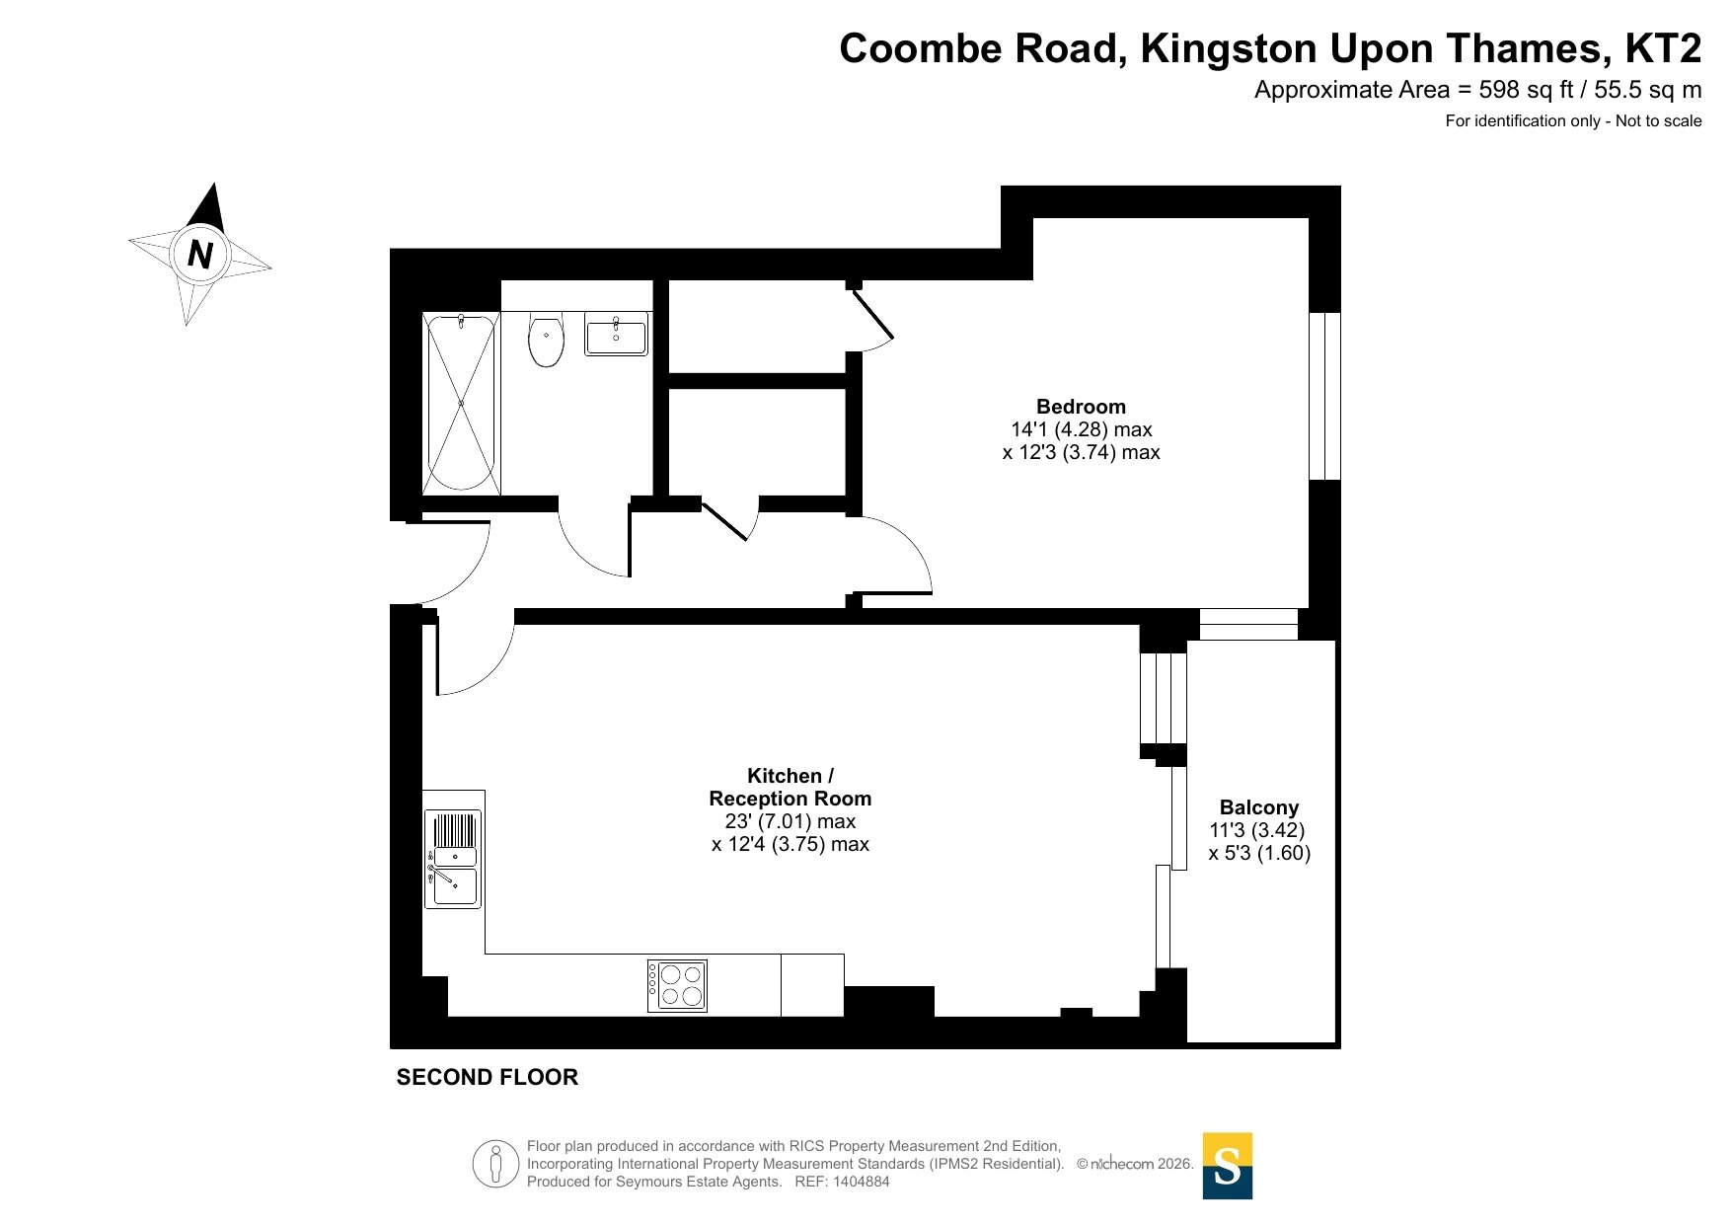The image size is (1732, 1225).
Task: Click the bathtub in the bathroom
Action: point(462,403)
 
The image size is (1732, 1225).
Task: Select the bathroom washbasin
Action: point(616,334)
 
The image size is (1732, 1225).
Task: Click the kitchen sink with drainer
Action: point(454,858)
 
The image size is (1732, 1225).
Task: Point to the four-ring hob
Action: point(677,985)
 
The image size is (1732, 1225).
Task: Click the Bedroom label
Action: point(1081,407)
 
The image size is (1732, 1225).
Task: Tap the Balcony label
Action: point(1259,807)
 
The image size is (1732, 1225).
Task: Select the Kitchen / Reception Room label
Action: point(791,787)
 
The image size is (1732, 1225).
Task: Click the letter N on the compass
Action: point(200,255)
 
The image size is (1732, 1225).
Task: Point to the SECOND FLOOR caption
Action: point(488,1077)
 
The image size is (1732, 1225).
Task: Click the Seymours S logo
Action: point(1228,1166)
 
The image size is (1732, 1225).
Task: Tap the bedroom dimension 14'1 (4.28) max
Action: point(1082,429)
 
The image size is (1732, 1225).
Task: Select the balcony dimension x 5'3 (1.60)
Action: point(1259,853)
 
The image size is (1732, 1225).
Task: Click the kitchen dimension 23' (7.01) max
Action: point(791,821)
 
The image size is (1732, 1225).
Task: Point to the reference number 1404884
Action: point(862,1182)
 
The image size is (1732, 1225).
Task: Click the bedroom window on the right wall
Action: point(1324,396)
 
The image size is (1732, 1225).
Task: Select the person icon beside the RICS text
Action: point(495,1164)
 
